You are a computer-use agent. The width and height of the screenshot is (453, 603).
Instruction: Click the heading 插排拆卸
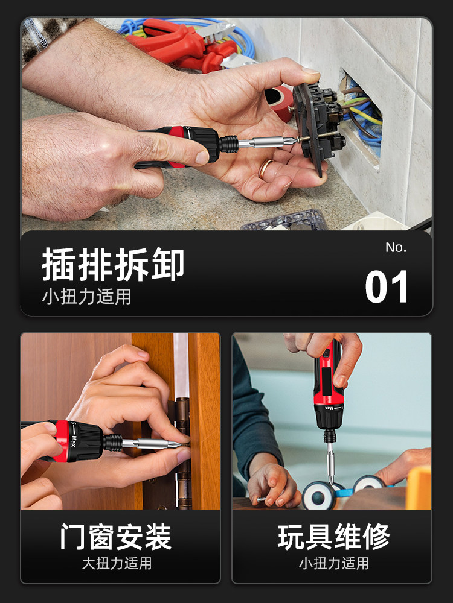tap(113, 264)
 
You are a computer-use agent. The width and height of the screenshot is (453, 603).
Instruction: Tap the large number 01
tap(387, 286)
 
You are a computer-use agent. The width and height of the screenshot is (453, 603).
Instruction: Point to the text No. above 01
tap(396, 247)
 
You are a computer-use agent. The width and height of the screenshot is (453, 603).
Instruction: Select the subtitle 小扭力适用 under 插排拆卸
tap(86, 297)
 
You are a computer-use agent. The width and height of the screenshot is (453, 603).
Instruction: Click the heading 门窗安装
tap(116, 537)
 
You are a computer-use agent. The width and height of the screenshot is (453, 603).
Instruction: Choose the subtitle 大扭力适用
tap(117, 563)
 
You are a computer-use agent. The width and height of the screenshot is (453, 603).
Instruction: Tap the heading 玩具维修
tap(333, 537)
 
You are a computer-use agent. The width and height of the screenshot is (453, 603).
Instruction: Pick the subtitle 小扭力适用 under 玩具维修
tap(334, 563)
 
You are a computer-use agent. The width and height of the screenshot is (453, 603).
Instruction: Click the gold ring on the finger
tap(265, 168)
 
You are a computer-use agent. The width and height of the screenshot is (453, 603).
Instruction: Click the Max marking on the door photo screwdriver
tap(73, 441)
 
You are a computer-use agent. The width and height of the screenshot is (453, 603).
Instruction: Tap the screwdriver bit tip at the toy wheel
tap(331, 482)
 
